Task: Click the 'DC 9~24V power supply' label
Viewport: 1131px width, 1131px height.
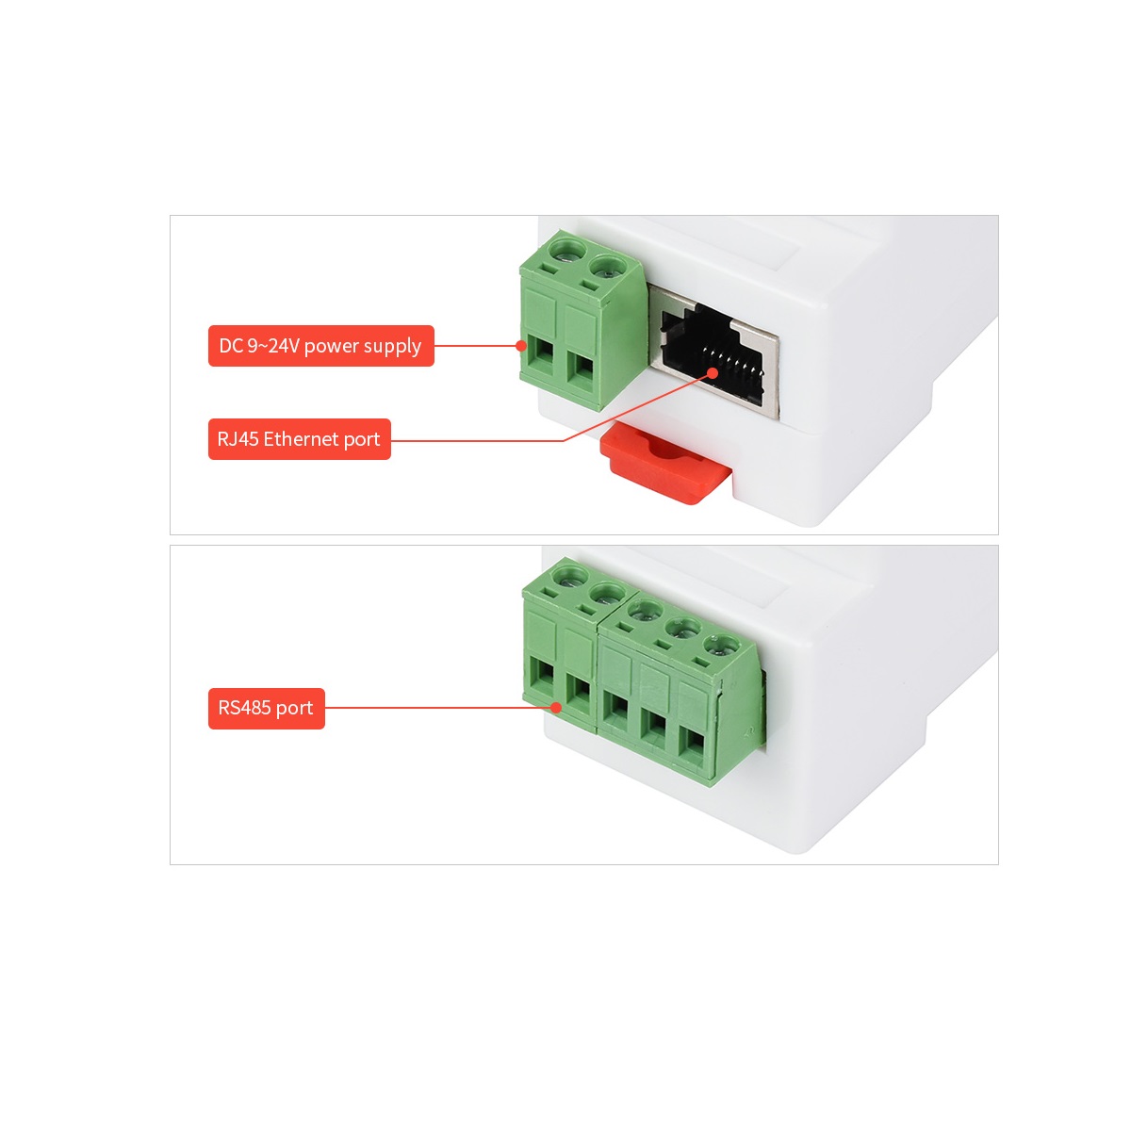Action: tap(321, 346)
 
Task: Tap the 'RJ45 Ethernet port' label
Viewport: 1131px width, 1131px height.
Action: tap(300, 439)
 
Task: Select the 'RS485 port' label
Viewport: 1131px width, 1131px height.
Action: tap(267, 709)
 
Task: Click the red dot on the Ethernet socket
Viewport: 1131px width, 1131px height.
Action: tap(713, 373)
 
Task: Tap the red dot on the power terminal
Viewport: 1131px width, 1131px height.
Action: tap(521, 346)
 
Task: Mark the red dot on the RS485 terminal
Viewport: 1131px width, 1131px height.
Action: tap(556, 707)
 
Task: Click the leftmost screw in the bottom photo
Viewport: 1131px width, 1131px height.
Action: tap(569, 578)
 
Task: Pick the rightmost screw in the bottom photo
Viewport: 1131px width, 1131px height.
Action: tap(720, 646)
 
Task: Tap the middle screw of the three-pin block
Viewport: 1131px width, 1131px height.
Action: tap(682, 629)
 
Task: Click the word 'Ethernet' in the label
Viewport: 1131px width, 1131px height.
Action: tap(301, 439)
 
